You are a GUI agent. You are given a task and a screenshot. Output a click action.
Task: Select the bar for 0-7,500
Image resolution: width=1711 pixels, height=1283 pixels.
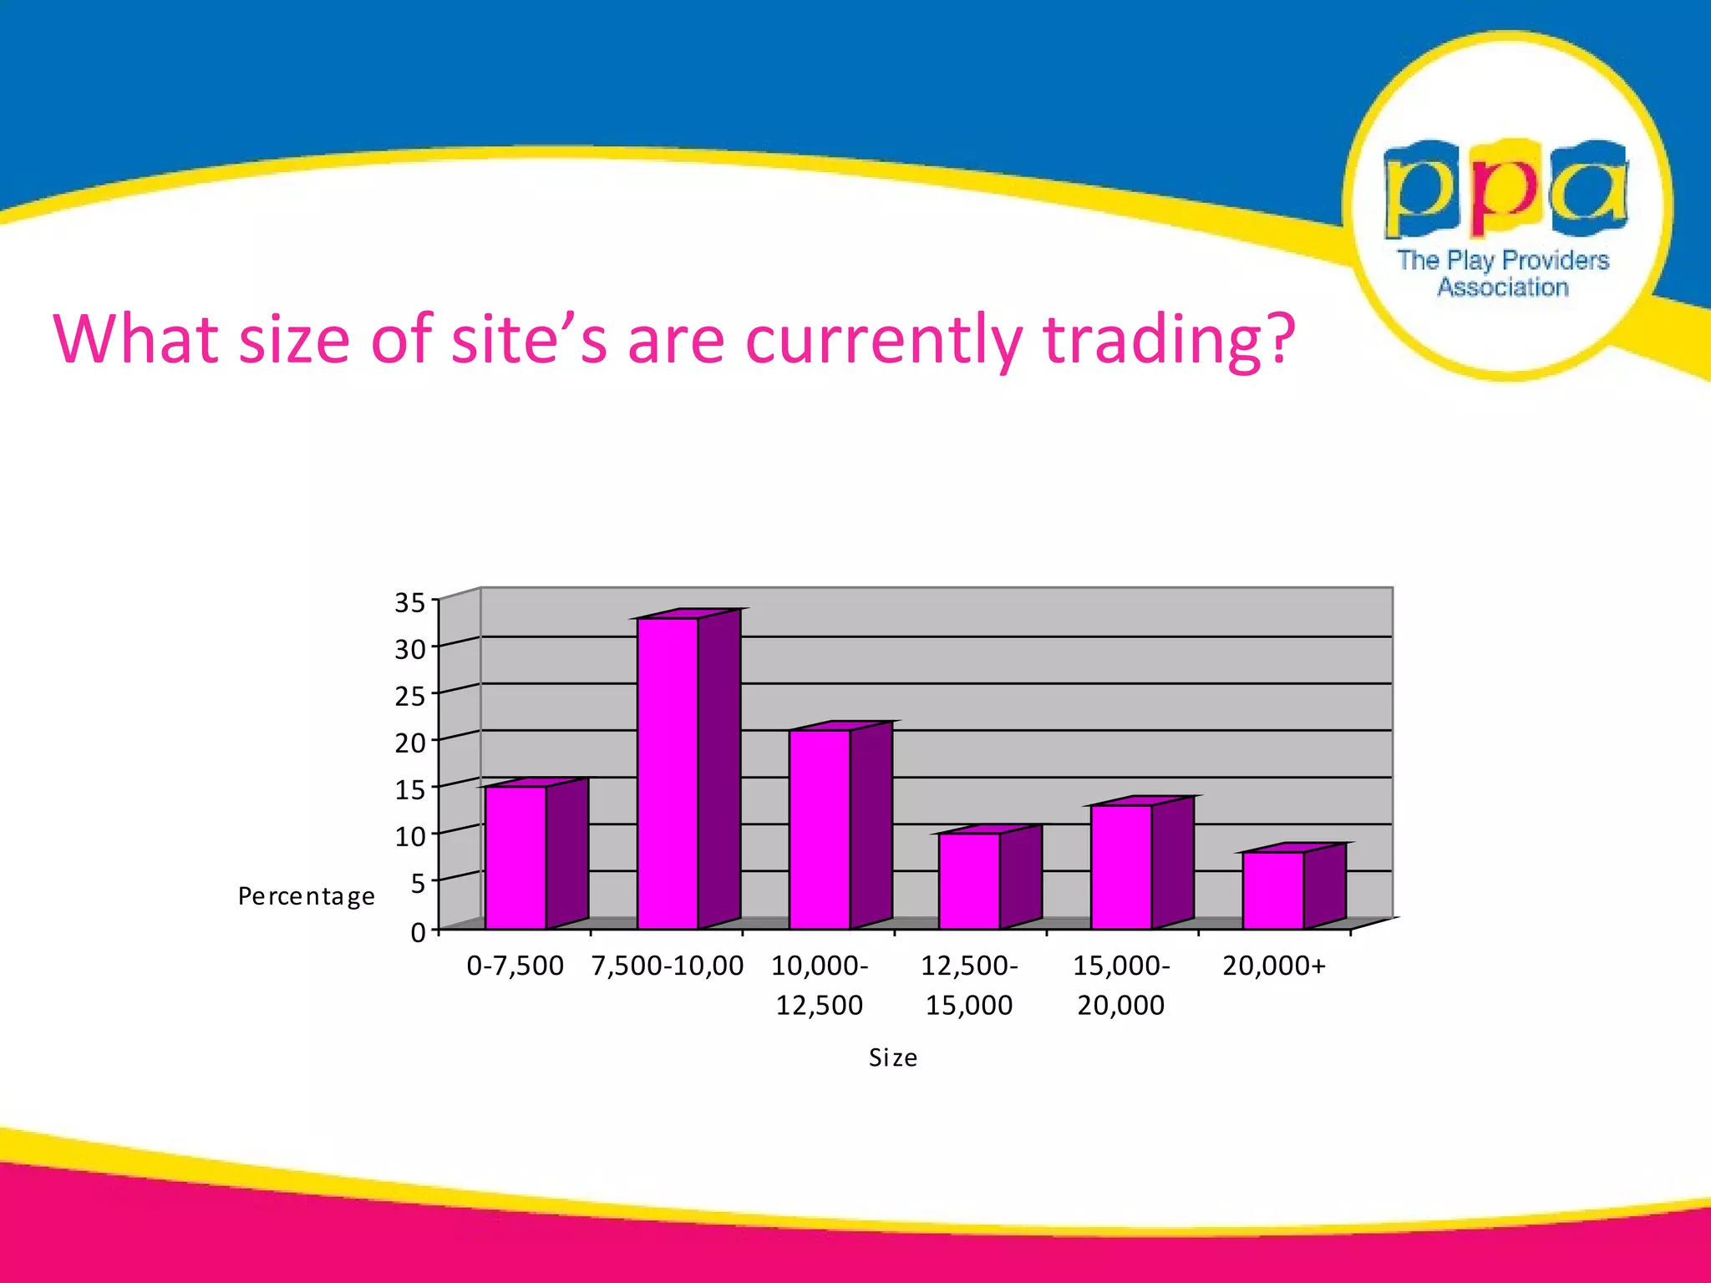click(x=516, y=857)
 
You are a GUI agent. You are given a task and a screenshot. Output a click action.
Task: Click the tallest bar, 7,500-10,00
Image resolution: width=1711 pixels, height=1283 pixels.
click(x=668, y=773)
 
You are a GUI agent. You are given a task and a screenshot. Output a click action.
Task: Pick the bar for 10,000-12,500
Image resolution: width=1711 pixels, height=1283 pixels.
click(x=820, y=829)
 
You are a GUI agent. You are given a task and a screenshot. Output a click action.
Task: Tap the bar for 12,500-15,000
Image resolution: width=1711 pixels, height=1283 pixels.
click(x=969, y=880)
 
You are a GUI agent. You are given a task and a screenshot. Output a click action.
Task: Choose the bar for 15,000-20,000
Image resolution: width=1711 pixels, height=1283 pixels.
click(x=1121, y=866)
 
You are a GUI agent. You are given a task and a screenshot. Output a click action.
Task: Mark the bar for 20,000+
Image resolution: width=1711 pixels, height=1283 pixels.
click(x=1272, y=890)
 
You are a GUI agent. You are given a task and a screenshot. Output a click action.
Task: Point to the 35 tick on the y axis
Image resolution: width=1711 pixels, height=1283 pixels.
click(x=410, y=602)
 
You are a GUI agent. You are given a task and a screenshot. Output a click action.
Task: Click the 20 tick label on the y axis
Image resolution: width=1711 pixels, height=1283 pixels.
click(x=410, y=743)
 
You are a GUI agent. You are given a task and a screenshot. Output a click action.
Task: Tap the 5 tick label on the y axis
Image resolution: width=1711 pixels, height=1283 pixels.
click(x=418, y=883)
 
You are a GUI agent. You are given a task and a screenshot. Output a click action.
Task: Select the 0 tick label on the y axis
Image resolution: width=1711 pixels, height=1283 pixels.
click(x=418, y=932)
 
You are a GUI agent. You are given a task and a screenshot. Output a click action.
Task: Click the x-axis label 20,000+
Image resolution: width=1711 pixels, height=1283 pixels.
click(x=1274, y=966)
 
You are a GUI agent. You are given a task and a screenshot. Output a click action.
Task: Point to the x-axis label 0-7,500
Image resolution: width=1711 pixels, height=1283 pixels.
click(x=515, y=966)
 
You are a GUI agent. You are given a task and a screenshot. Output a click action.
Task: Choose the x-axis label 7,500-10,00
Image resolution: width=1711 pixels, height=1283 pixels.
click(x=668, y=966)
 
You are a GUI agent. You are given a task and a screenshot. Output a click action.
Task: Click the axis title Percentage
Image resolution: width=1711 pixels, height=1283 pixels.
click(x=307, y=896)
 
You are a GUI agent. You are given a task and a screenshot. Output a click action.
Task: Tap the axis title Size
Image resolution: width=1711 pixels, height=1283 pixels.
click(x=893, y=1058)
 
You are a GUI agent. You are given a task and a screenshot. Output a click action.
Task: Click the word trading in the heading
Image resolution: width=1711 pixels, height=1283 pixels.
click(x=1169, y=341)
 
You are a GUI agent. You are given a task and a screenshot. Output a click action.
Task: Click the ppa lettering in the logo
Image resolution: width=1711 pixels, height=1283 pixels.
click(x=1506, y=188)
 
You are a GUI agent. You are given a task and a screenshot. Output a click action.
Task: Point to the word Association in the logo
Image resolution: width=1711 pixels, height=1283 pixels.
click(x=1503, y=287)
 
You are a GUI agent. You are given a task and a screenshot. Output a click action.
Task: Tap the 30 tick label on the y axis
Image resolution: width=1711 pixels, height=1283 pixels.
click(x=410, y=649)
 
